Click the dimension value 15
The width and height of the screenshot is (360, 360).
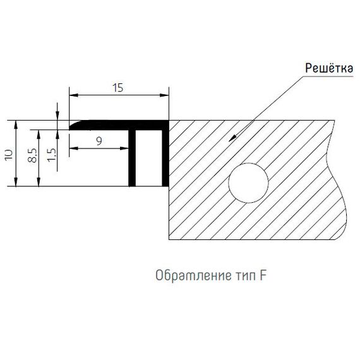click(x=118, y=88)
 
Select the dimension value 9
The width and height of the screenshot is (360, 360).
click(x=99, y=141)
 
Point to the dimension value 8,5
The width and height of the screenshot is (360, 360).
click(x=33, y=155)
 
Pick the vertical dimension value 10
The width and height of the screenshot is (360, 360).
click(x=9, y=155)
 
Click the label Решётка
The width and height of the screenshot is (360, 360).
click(x=329, y=68)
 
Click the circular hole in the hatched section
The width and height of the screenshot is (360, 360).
click(x=248, y=183)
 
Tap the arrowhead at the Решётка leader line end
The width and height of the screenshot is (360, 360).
click(x=232, y=138)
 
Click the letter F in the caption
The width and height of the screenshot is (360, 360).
click(x=263, y=275)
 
